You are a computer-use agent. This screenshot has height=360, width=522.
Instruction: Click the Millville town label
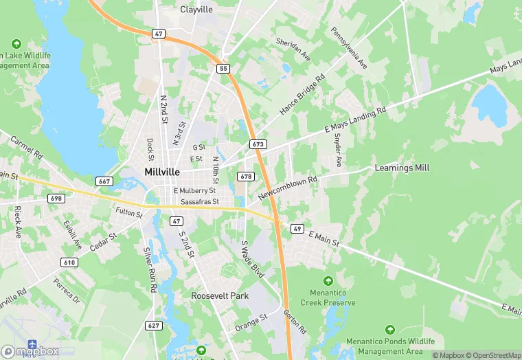(x=163, y=172)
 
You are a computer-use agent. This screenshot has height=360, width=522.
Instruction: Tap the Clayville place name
(x=197, y=10)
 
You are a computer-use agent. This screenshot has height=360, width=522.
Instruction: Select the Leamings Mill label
(x=402, y=168)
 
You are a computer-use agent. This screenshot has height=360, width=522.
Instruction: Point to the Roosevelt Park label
(x=220, y=295)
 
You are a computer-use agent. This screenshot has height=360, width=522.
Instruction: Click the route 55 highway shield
(x=223, y=69)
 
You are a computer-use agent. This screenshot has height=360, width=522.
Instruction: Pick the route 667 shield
(x=104, y=181)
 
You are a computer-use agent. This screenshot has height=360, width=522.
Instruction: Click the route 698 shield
(x=56, y=198)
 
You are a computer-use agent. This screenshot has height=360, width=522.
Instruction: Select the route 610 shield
(x=69, y=262)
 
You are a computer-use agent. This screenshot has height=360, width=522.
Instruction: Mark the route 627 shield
(x=154, y=325)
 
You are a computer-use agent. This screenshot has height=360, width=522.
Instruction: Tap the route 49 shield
(x=297, y=228)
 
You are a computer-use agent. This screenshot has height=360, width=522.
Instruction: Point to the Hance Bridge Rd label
(x=302, y=95)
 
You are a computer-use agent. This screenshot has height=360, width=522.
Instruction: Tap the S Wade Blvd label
(x=252, y=259)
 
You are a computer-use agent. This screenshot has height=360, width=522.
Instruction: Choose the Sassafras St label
(x=198, y=202)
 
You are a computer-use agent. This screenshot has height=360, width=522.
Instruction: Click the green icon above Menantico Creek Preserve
(x=328, y=280)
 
